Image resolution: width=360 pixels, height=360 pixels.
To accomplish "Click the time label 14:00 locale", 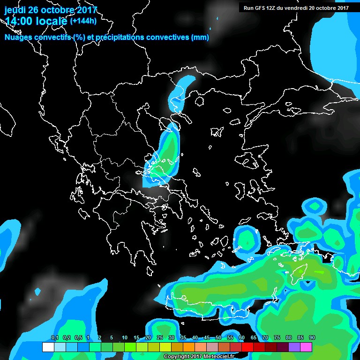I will [x=36, y=21].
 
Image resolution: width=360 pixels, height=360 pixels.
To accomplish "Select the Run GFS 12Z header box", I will [x=296, y=7].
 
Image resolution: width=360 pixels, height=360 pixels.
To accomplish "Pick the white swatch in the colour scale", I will [x=48, y=347].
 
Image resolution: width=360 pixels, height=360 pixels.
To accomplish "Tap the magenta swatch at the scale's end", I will [x=306, y=347].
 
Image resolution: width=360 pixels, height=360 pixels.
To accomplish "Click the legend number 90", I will [x=312, y=338].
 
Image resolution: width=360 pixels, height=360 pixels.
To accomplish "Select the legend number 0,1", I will [x=55, y=338].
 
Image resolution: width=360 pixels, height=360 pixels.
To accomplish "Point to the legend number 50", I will [x=218, y=338].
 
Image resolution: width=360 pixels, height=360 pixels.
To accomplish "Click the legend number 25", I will [x=160, y=338].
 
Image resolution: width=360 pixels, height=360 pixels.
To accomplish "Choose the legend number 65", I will [x=254, y=338].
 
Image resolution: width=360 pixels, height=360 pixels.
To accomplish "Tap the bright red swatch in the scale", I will [x=247, y=347].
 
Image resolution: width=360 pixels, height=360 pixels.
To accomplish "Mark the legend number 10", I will [x=125, y=338].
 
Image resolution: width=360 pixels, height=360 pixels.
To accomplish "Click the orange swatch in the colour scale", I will [x=189, y=347].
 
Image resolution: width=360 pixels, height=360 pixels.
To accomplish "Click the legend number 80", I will [x=288, y=338].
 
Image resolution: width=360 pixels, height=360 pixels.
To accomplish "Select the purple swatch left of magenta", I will [x=294, y=347].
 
